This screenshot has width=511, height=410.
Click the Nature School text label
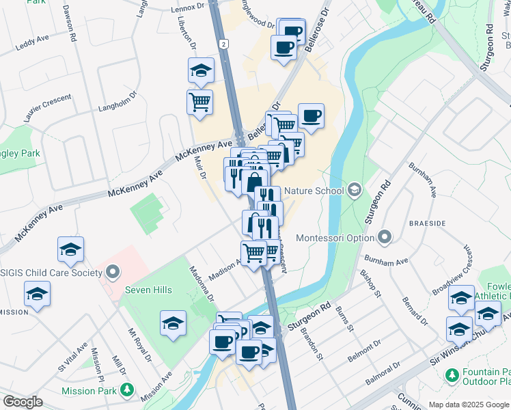[x=314, y=190]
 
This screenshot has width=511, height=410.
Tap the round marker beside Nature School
[x=355, y=189]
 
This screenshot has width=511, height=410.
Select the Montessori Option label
[x=335, y=238]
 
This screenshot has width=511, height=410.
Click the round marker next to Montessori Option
[x=385, y=238]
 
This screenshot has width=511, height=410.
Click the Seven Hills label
[x=148, y=290]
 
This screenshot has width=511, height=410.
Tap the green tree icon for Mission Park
[x=126, y=390]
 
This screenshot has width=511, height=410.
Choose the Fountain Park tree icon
[x=451, y=375]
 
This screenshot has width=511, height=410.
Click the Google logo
[x=23, y=402]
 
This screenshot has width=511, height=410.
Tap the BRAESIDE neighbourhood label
[x=427, y=223]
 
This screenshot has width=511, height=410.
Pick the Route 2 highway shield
[x=223, y=44]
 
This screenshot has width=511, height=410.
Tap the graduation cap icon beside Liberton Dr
[x=202, y=70]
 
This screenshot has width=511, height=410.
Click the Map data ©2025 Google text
[x=468, y=405]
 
